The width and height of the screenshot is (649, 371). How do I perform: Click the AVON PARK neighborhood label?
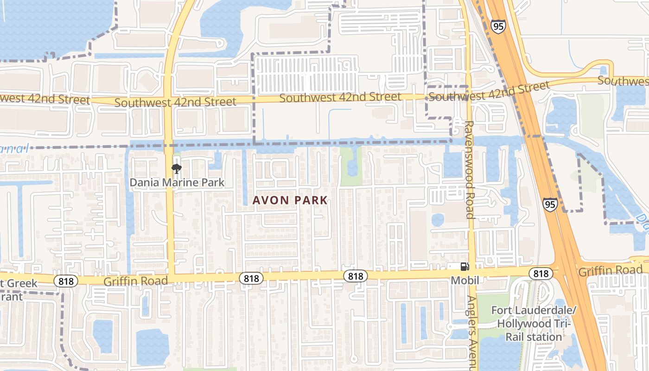pyautogui.click(x=290, y=200)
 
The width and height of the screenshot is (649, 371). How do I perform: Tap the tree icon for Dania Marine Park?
pyautogui.click(x=176, y=168)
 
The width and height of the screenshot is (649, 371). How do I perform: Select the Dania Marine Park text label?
pyautogui.click(x=177, y=182)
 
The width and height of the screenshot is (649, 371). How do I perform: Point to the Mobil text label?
pyautogui.click(x=465, y=280)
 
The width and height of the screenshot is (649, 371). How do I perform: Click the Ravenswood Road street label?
pyautogui.click(x=469, y=169)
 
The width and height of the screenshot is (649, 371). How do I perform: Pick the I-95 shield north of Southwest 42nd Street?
pyautogui.click(x=498, y=26)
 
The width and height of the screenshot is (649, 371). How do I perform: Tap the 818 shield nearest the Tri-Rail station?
pyautogui.click(x=541, y=274)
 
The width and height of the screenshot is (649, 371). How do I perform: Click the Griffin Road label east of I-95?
pyautogui.click(x=610, y=270)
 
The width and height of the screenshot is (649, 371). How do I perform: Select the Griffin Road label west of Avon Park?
pyautogui.click(x=135, y=281)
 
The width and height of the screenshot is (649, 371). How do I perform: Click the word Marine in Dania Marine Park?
pyautogui.click(x=178, y=182)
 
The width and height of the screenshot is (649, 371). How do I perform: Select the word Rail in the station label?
pyautogui.click(x=514, y=336)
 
